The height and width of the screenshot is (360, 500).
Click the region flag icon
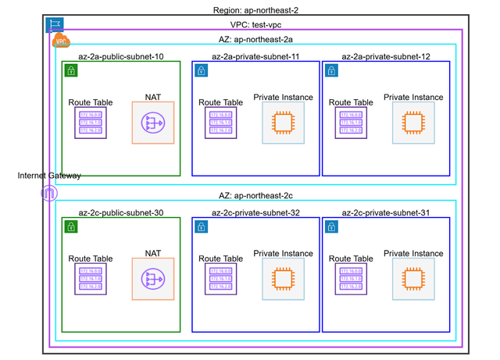[x=54, y=25]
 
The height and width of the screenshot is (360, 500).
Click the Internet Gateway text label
[x=48, y=176]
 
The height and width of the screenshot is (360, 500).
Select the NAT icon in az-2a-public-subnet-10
[x=153, y=123]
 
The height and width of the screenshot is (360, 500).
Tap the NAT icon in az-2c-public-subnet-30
[x=153, y=279]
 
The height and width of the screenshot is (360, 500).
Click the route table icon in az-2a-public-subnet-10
[x=90, y=123]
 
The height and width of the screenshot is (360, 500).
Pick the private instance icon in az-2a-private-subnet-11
[x=283, y=123]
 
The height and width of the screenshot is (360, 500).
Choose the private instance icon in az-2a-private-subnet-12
[x=412, y=123]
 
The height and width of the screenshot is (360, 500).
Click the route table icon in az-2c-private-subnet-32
[x=220, y=279]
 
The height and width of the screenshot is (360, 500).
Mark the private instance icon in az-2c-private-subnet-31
[x=412, y=279]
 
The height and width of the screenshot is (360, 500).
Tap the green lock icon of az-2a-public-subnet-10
[x=71, y=71]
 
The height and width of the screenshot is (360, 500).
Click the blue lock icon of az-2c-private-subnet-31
[x=330, y=226]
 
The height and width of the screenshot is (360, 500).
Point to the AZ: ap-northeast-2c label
[x=255, y=194]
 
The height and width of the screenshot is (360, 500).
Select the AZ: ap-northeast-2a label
[x=255, y=37]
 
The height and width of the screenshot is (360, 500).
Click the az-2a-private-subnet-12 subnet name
[x=386, y=56]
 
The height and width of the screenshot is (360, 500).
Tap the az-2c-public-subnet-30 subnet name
[x=122, y=212]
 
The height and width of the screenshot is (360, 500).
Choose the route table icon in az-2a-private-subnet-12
[x=350, y=123]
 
